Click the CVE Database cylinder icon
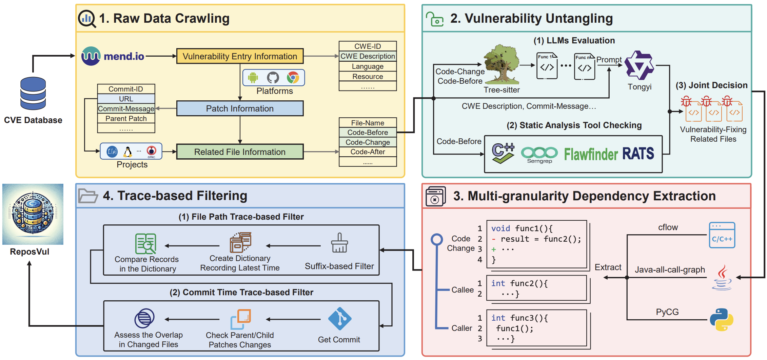click(33, 93)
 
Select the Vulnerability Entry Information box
click(240, 56)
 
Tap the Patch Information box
click(240, 108)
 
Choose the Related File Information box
click(240, 152)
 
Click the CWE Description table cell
click(368, 56)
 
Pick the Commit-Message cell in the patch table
click(126, 109)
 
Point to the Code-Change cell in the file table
click(368, 142)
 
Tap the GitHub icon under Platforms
click(273, 78)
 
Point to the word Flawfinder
click(591, 154)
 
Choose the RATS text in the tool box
click(638, 154)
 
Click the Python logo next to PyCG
click(722, 320)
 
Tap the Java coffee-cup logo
click(722, 278)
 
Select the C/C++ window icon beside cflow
click(722, 235)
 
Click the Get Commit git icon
click(340, 319)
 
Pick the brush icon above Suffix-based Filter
click(339, 243)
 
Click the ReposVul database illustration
click(33, 214)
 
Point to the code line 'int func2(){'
click(519, 283)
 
